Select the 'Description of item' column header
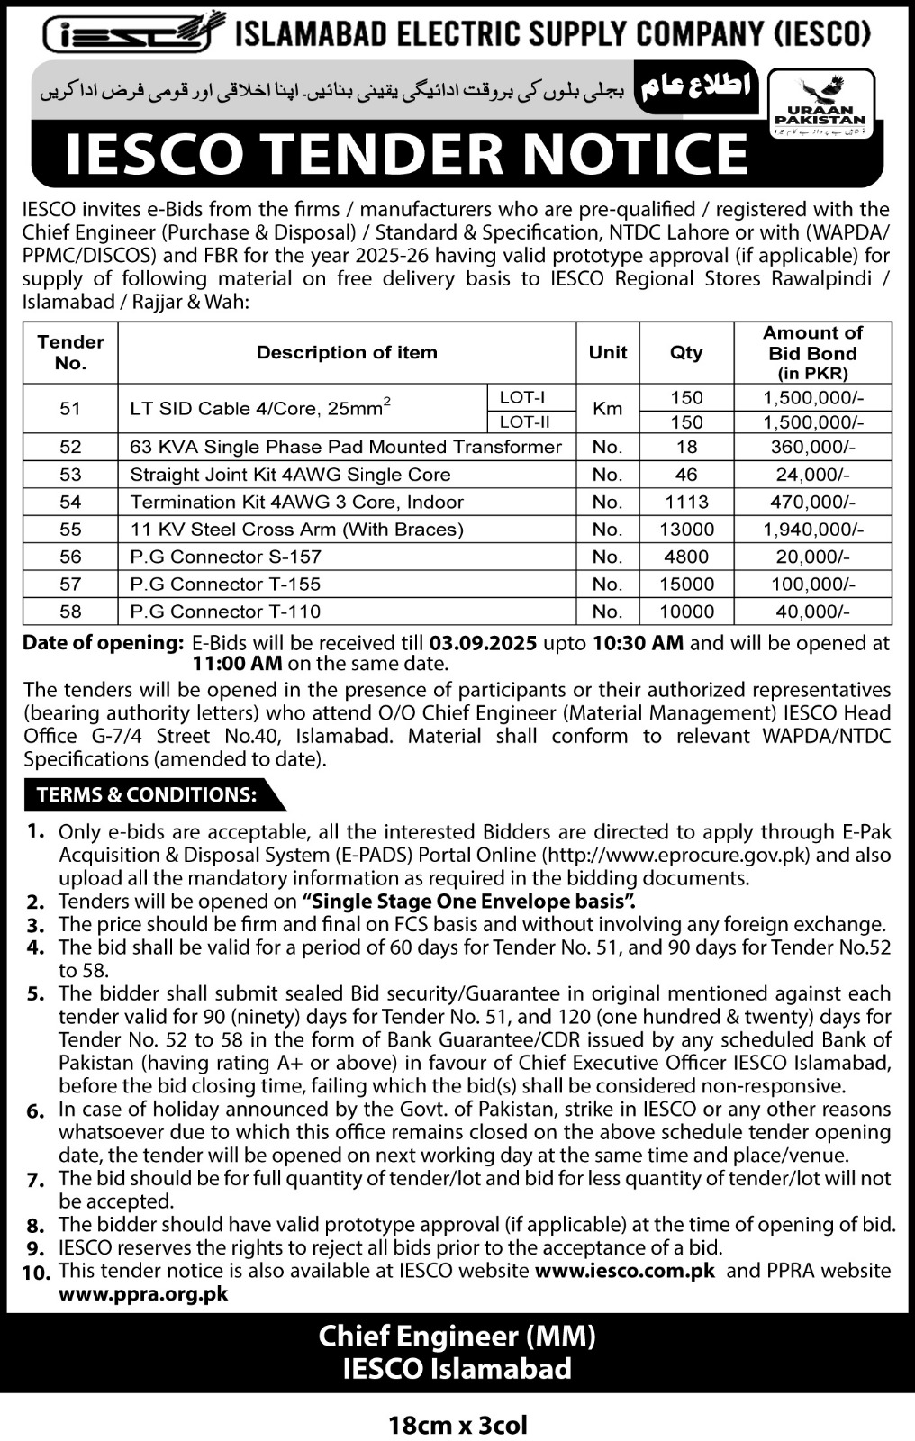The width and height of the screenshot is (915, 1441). (x=347, y=353)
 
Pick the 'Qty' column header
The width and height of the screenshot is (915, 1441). (x=686, y=353)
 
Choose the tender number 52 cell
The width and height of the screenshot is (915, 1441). (x=70, y=447)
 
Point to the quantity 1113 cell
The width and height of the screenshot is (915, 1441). (x=686, y=502)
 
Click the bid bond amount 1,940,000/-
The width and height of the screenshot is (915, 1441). (x=812, y=530)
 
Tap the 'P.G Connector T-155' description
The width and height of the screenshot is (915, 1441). (x=225, y=584)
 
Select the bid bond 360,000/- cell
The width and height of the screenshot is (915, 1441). (x=812, y=447)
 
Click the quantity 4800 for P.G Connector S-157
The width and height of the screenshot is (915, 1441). (x=686, y=557)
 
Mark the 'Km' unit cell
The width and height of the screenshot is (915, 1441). (x=607, y=409)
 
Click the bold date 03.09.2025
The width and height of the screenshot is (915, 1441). (x=484, y=643)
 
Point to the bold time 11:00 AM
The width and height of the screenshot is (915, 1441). (x=238, y=665)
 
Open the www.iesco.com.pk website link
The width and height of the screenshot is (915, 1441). (x=624, y=1271)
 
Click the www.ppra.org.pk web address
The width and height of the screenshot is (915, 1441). (x=143, y=1294)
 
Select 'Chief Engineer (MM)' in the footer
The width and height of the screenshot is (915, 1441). (x=457, y=1337)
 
